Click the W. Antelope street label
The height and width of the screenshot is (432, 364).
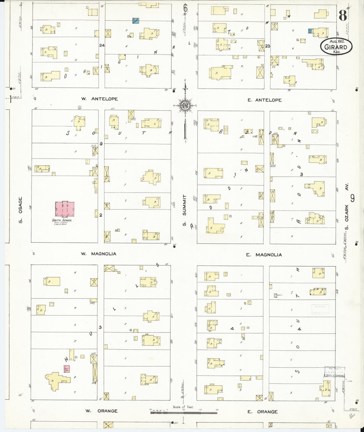coord(99,99)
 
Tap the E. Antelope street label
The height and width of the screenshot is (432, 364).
coord(264,100)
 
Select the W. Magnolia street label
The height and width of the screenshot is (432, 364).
coord(98,254)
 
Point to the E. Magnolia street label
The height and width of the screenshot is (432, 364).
coord(264,255)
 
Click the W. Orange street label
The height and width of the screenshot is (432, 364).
coord(101,411)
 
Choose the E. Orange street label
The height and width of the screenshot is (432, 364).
coord(262,412)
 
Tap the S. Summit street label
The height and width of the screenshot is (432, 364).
coord(184,210)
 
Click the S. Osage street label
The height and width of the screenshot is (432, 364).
coord(20,210)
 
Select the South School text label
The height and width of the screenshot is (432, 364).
coord(62,220)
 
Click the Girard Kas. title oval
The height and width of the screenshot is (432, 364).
coord(336,47)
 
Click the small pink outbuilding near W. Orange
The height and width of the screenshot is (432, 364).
coord(67,369)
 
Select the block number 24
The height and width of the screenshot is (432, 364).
coord(102,45)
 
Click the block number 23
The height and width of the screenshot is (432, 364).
coord(268,46)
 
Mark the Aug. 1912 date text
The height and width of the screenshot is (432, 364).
coord(337,41)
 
